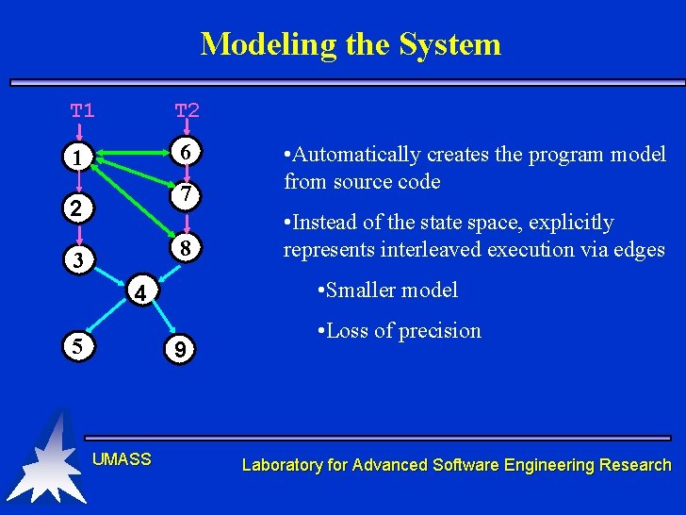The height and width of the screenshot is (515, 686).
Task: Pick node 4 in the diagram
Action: click(x=139, y=293)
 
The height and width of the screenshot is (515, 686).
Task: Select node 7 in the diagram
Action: click(x=187, y=195)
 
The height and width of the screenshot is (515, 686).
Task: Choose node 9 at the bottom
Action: click(x=179, y=351)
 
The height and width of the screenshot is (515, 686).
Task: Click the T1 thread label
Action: click(x=83, y=110)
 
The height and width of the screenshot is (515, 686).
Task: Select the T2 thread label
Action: click(x=187, y=110)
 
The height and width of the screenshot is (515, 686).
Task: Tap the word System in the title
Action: click(x=450, y=44)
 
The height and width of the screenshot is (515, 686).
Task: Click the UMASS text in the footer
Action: click(x=122, y=459)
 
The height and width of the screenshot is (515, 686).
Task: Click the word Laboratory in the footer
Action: click(x=283, y=464)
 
